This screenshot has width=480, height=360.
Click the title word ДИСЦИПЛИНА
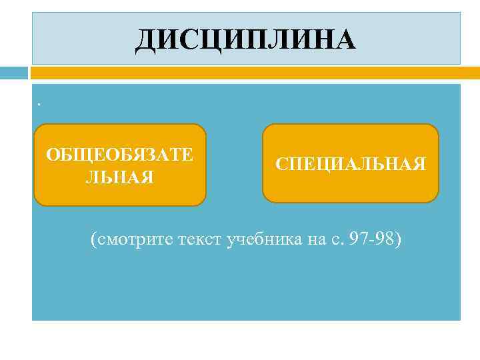[x=246, y=39]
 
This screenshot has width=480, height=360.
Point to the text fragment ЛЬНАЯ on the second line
[x=120, y=177]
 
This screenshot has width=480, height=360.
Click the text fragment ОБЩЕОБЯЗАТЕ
[x=120, y=155]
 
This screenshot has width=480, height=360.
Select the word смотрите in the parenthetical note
[x=137, y=239]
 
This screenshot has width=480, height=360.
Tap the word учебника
[x=263, y=239]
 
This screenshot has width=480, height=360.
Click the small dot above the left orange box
[x=39, y=104]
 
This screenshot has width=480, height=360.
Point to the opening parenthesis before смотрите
[x=94, y=240]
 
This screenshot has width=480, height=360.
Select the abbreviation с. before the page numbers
[x=335, y=240]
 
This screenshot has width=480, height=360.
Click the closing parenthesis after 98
[x=399, y=240]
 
